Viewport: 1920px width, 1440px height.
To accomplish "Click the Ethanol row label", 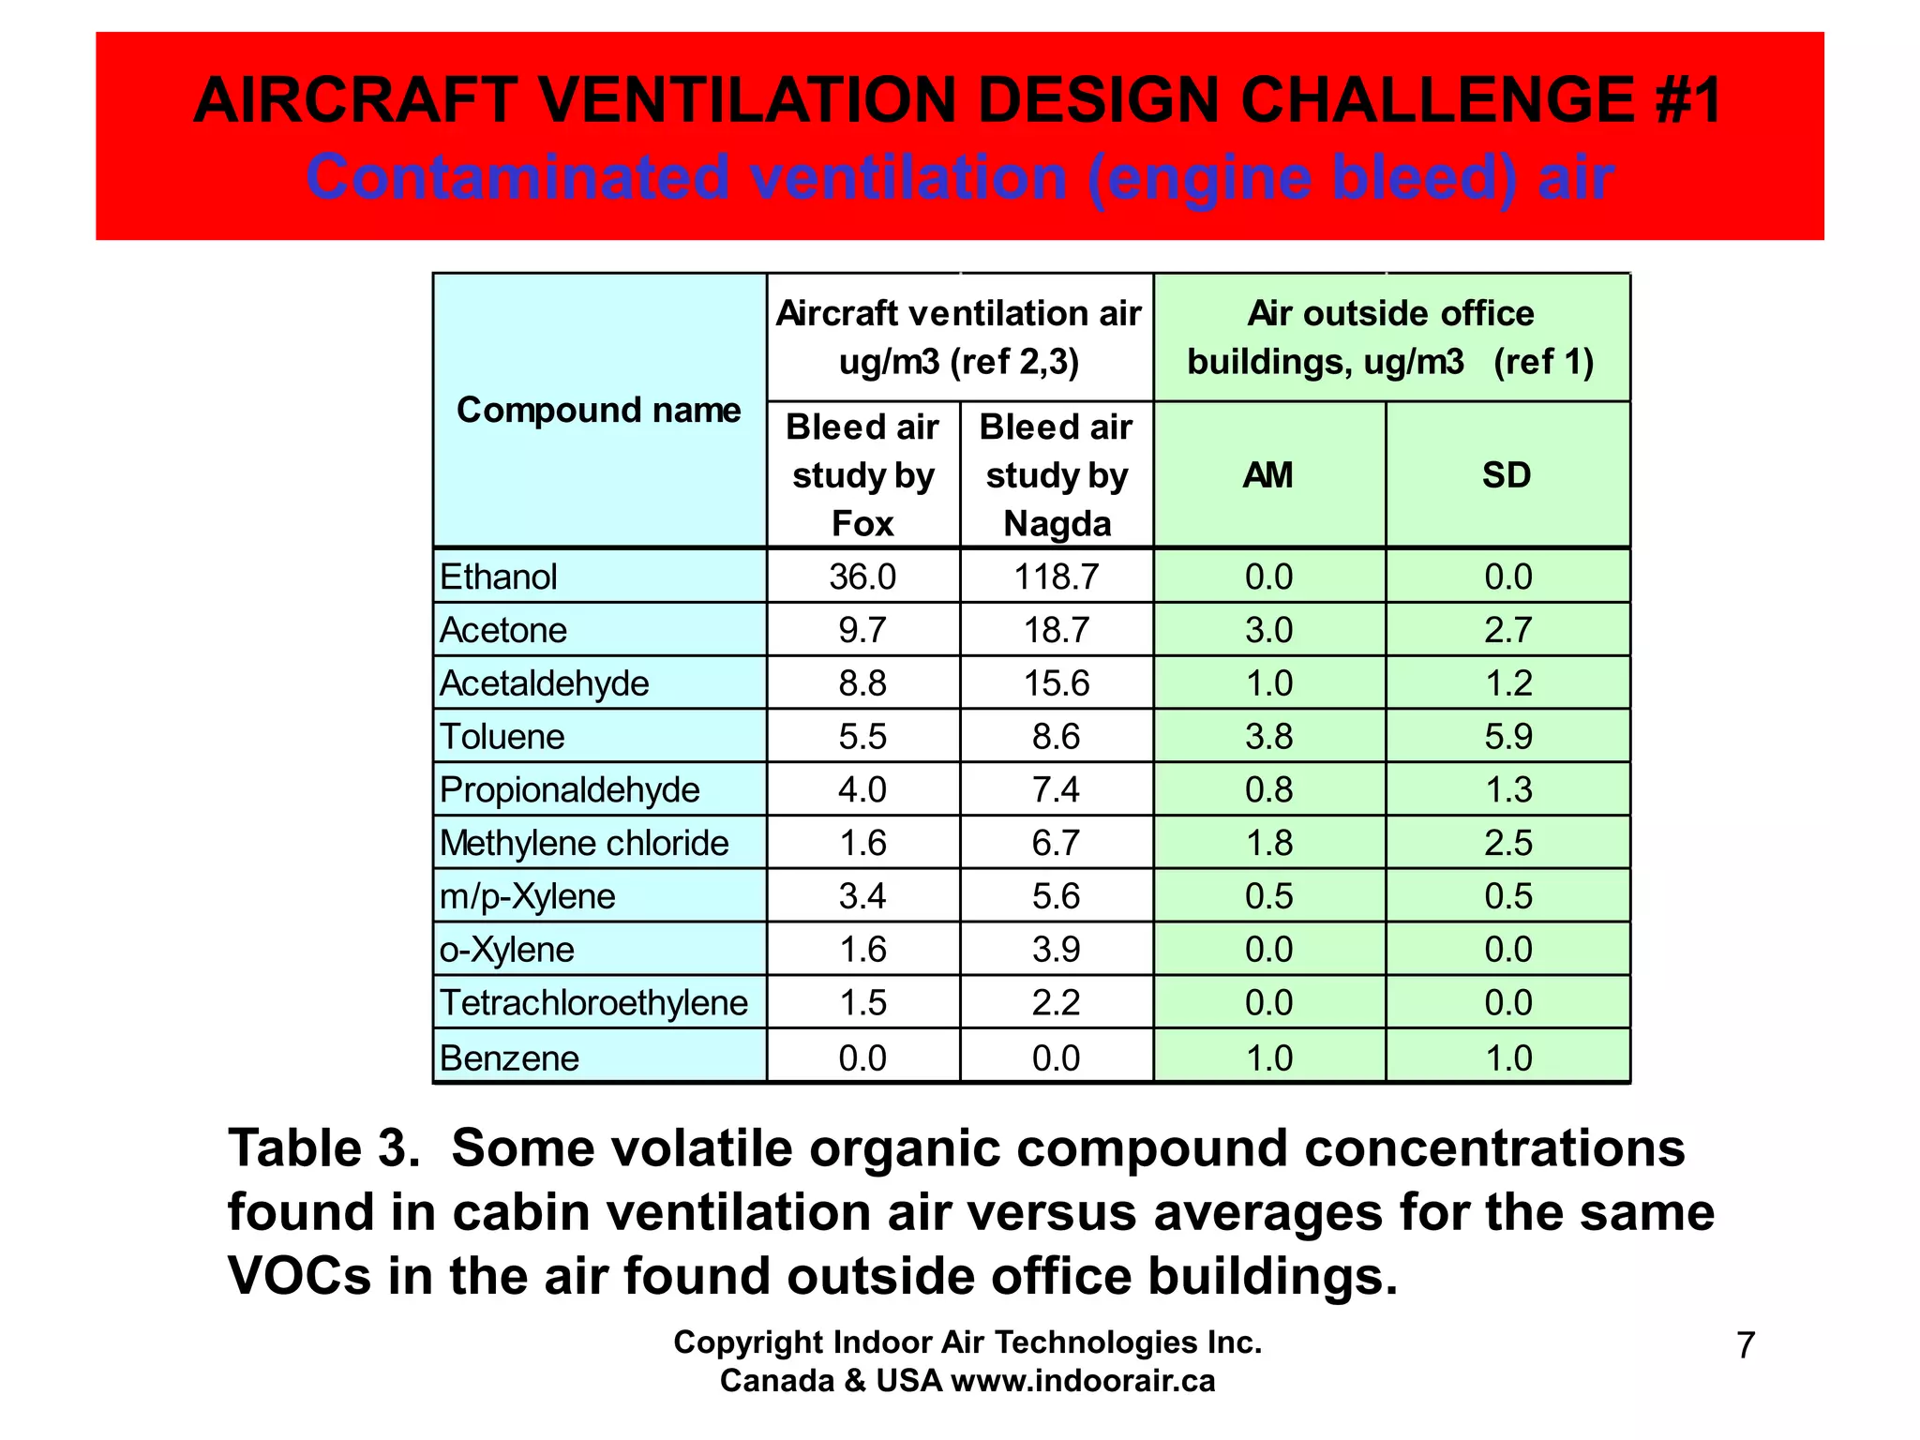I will click(498, 577).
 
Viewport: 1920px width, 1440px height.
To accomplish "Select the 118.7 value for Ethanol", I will click(1056, 577).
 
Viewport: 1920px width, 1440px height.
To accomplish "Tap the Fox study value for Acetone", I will click(862, 630).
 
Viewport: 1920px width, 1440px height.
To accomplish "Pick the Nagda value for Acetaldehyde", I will click(1056, 683).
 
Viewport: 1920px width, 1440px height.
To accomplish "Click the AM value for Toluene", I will click(1268, 737).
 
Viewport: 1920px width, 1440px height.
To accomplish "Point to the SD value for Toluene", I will click(1507, 737).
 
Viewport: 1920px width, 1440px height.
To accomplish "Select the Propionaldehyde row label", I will click(569, 790).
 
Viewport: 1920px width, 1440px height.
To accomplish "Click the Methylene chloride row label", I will click(583, 844).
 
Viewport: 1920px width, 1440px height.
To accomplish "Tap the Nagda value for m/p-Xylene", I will click(1056, 897).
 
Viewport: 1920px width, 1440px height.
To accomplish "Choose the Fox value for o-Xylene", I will click(862, 951).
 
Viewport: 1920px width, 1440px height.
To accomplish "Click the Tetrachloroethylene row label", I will click(593, 1004).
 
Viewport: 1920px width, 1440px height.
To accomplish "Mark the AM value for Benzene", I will click(1268, 1058).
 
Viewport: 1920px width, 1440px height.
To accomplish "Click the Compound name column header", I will click(598, 411).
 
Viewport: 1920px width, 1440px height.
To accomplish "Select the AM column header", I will click(1267, 475).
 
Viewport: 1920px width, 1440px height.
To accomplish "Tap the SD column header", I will click(1507, 475).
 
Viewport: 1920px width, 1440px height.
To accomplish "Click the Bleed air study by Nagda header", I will click(1057, 475).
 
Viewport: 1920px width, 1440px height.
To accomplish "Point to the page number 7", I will click(1745, 1345).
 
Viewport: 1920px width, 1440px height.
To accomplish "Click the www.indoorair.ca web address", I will click(1083, 1381).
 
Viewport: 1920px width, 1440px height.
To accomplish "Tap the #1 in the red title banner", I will click(1688, 100).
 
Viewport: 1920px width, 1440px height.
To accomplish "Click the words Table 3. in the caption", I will click(324, 1148).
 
